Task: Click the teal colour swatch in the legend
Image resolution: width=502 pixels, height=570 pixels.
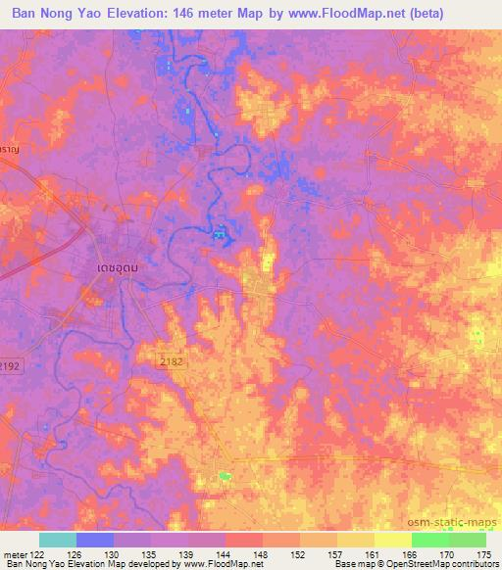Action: (58, 541)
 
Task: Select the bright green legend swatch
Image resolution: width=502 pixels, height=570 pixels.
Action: (430, 541)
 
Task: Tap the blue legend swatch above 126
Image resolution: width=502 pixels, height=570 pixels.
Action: (95, 541)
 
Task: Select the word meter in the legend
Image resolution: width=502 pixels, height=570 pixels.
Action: (15, 554)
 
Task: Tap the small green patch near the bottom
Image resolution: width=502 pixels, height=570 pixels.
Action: (226, 476)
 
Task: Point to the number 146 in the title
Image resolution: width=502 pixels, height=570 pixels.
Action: (207, 14)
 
